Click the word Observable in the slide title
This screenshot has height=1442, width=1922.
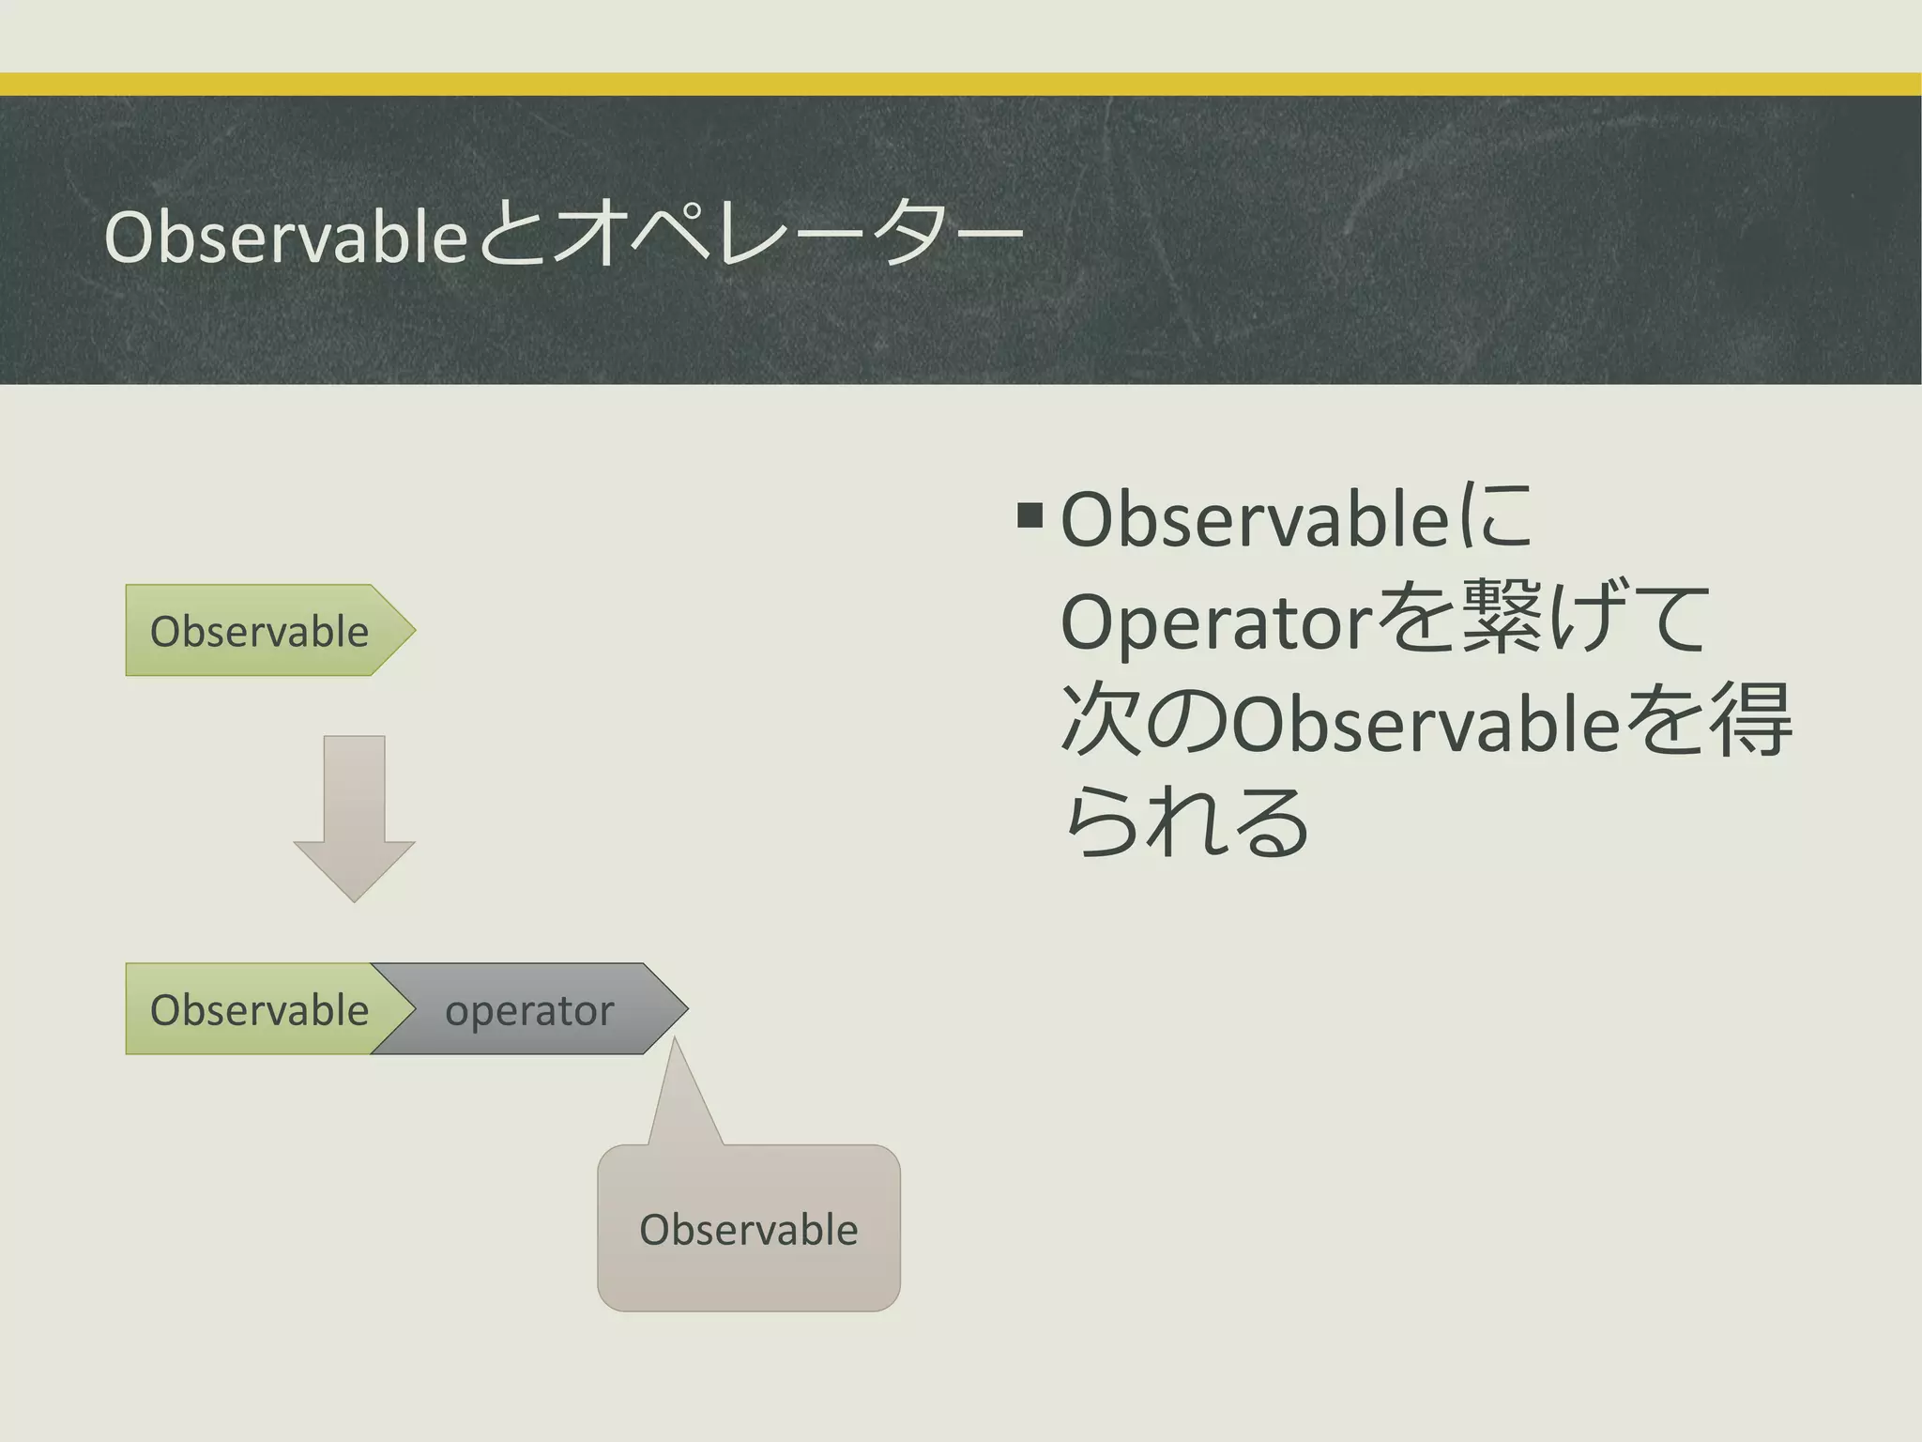285,238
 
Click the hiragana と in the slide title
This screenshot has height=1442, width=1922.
511,238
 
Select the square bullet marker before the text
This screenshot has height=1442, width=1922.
1030,514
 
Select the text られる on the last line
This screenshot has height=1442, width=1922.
1188,822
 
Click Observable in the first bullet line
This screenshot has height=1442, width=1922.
1254,520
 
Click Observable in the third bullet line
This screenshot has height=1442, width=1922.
1425,725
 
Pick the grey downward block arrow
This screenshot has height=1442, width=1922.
354,816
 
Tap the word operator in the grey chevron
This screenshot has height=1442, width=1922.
528,1011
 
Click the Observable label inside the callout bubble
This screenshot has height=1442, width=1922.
748,1230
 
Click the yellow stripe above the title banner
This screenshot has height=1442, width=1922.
961,84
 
